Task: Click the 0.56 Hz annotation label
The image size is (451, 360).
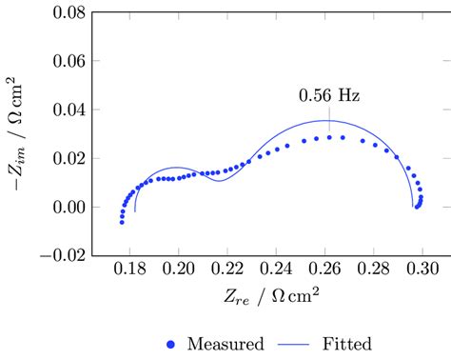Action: tap(328, 96)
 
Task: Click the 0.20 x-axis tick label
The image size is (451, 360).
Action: tap(178, 270)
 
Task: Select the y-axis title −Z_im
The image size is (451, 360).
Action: tap(20, 134)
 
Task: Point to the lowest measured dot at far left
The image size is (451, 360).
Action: tap(122, 221)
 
